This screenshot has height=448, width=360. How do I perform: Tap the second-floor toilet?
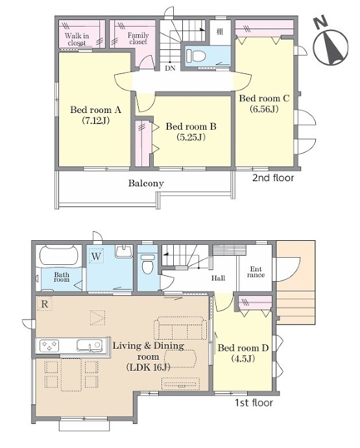pos(196,55)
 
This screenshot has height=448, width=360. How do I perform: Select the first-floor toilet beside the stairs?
pos(148,263)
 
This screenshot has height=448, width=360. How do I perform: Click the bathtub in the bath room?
pos(59,255)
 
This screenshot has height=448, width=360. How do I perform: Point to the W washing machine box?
pos(97,256)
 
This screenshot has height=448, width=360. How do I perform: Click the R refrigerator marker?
pos(45,304)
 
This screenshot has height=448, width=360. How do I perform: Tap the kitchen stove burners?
pos(49,345)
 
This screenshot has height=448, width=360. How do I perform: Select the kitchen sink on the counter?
pos(90,345)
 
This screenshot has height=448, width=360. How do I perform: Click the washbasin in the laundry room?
pos(124,251)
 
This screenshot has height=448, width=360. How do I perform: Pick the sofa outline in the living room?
pos(180,328)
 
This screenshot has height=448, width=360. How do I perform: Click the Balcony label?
pos(146,183)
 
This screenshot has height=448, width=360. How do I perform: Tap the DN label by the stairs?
pos(170,69)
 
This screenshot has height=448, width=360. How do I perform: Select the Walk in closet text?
pos(77,40)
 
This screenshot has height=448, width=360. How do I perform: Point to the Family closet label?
pos(138,38)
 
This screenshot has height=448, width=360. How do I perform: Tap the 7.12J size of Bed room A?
pos(95,121)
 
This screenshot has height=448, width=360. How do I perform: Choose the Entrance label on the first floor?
pos(256,272)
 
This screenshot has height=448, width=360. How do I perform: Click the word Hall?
pos(218,278)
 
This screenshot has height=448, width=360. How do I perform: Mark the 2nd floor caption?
pos(273,178)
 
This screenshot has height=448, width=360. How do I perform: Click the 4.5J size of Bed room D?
pos(243,358)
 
